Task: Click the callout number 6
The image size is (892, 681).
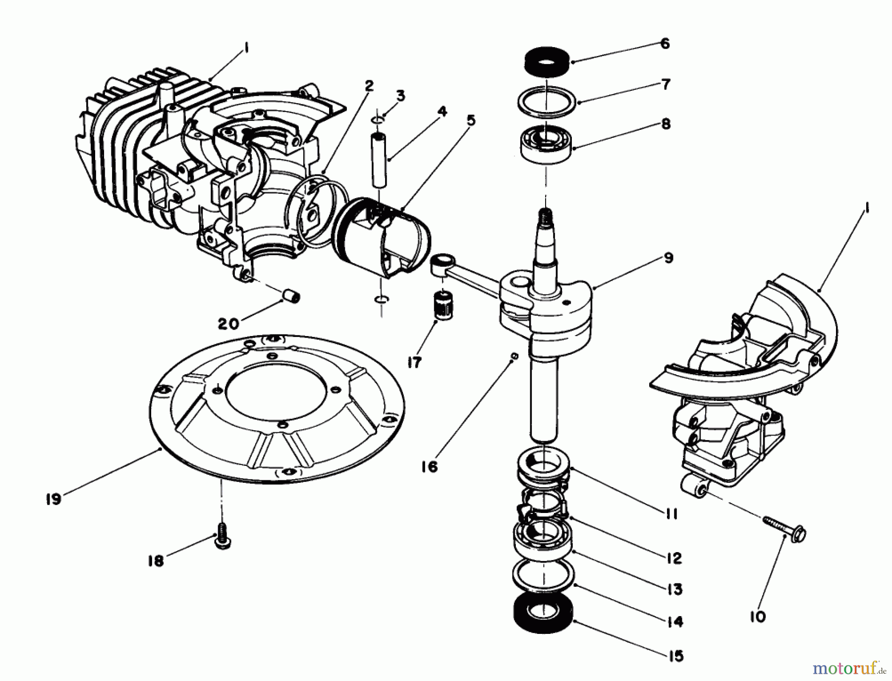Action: tap(665, 44)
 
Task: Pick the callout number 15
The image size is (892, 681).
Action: tap(676, 656)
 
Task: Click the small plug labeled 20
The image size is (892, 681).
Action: tap(292, 297)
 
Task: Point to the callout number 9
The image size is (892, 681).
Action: tap(668, 258)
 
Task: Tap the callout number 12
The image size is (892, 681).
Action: tap(674, 559)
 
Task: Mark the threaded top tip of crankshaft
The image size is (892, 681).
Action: tap(545, 216)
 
